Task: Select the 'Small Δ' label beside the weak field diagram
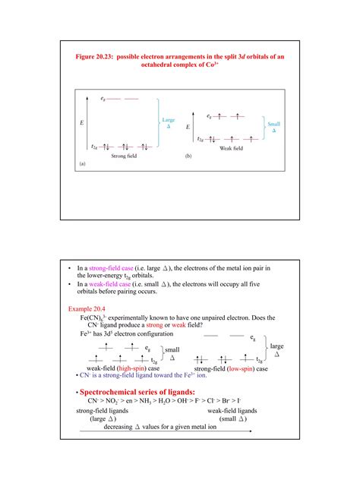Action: pos(274,127)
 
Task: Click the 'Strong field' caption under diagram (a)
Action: pos(126,156)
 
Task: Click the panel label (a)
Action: pos(81,163)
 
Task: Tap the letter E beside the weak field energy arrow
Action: pos(188,128)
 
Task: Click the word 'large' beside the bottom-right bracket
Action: pos(277,346)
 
